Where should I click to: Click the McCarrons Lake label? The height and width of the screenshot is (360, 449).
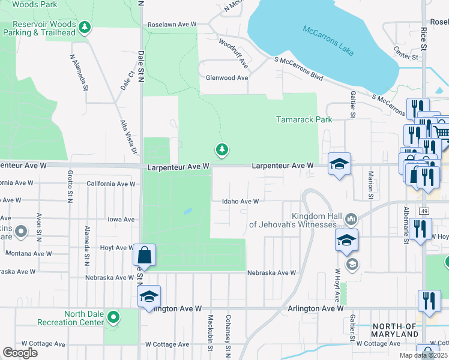328,40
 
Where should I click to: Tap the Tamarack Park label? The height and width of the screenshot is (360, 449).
304,119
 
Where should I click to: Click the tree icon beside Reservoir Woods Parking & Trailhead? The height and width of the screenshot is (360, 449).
85,27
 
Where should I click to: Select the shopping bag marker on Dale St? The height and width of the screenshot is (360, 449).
145,254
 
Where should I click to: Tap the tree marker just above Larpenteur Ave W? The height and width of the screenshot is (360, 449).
222,149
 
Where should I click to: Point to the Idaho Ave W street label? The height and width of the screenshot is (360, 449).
241,202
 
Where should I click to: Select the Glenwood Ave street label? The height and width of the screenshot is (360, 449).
227,78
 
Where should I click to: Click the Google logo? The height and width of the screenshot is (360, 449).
20,352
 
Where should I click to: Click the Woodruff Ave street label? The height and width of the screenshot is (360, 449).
234,52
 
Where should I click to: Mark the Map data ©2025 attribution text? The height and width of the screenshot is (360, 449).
423,355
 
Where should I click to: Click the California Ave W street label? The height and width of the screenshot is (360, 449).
111,184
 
